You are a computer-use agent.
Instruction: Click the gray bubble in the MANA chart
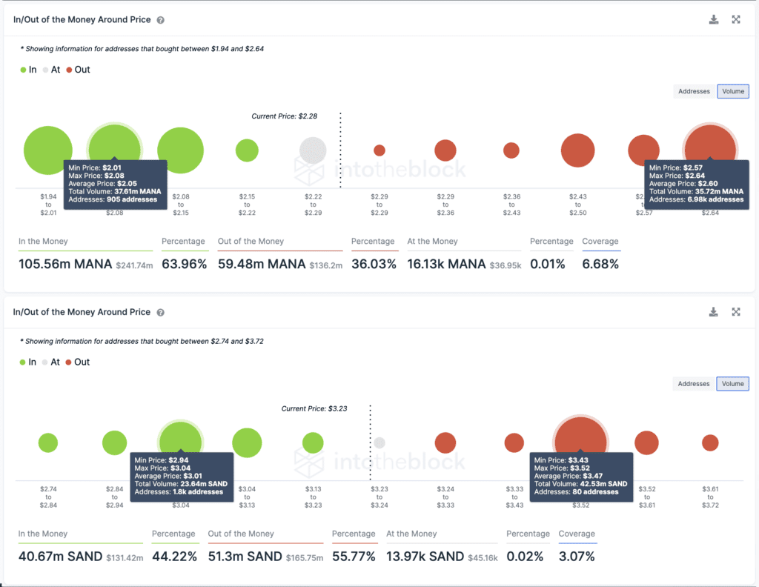[313, 150]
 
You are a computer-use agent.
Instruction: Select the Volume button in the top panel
[732, 91]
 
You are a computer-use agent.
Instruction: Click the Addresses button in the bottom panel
[694, 384]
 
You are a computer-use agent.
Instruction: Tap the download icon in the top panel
[714, 20]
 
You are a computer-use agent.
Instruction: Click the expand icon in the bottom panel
[736, 312]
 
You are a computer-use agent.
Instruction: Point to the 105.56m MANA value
[65, 264]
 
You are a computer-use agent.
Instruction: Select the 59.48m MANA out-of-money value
[262, 264]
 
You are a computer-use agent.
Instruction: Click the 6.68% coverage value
[600, 264]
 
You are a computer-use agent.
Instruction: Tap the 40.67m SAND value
[60, 557]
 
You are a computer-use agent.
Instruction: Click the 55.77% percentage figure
[354, 557]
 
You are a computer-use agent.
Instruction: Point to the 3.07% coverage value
[577, 557]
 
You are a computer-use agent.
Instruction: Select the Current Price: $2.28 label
[285, 116]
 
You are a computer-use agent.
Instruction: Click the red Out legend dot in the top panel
[69, 70]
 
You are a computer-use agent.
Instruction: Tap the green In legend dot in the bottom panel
[23, 362]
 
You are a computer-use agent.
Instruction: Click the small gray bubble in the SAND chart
[379, 443]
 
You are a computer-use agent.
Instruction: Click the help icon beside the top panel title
[161, 21]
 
